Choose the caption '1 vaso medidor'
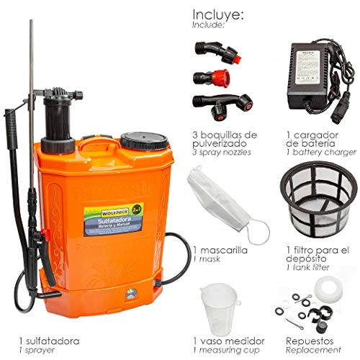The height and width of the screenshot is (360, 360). coord(228,338)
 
